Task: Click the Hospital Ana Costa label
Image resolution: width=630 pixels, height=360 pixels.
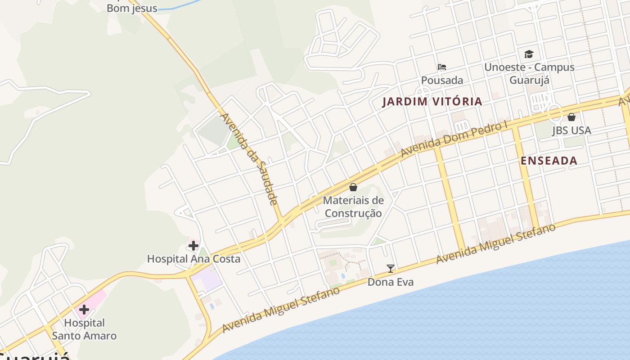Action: [x=193, y=259]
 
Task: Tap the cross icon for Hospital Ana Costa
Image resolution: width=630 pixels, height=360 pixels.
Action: [x=193, y=246]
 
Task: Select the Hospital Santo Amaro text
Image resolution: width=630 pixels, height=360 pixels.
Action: [x=84, y=329]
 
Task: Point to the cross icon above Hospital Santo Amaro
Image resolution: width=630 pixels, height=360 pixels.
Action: [x=84, y=310]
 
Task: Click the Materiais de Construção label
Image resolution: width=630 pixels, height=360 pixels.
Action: [x=353, y=207]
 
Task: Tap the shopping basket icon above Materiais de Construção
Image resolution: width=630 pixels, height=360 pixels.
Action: [x=353, y=187]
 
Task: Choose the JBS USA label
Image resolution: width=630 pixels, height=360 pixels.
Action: [x=571, y=130]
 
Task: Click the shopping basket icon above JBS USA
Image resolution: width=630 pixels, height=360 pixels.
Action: [x=571, y=117]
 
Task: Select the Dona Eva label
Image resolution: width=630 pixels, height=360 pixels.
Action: [x=390, y=282]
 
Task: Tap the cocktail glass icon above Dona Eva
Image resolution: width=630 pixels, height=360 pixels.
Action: [x=390, y=269]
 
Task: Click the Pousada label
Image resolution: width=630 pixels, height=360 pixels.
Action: [x=442, y=80]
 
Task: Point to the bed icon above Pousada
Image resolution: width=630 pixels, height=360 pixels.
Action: [x=442, y=67]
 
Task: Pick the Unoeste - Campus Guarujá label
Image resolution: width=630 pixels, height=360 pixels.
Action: [x=529, y=73]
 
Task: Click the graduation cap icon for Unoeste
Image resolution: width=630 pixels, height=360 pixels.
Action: [x=529, y=54]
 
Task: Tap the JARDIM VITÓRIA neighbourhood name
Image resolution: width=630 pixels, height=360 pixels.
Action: [x=432, y=102]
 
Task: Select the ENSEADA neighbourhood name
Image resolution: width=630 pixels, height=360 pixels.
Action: [x=549, y=161]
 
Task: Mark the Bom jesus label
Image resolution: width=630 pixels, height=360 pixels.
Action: [x=132, y=8]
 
